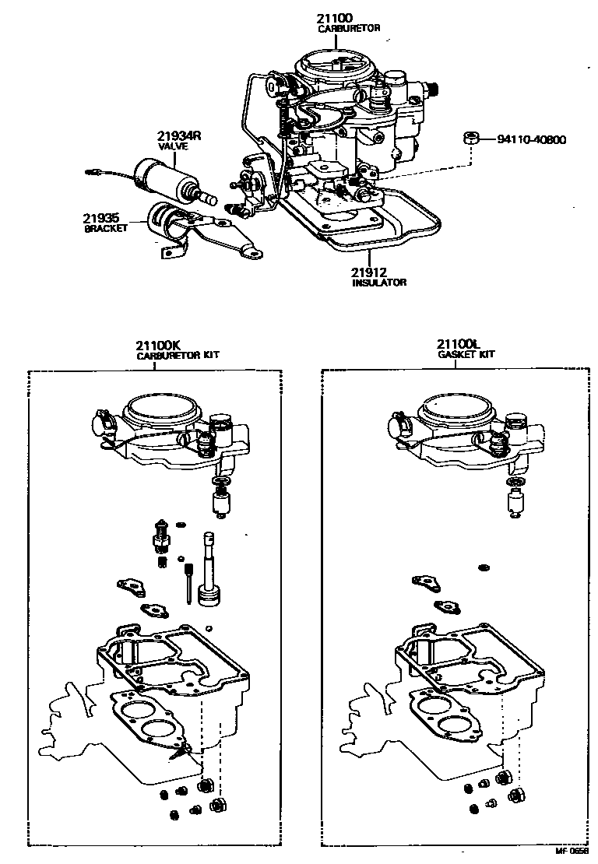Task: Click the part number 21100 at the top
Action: [336, 18]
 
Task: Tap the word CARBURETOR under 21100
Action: [348, 28]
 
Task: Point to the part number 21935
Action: [100, 219]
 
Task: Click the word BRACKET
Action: [104, 229]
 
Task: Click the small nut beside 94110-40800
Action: [470, 139]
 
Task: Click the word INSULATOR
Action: [379, 283]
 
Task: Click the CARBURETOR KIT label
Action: [178, 355]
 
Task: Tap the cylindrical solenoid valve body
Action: [159, 174]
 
